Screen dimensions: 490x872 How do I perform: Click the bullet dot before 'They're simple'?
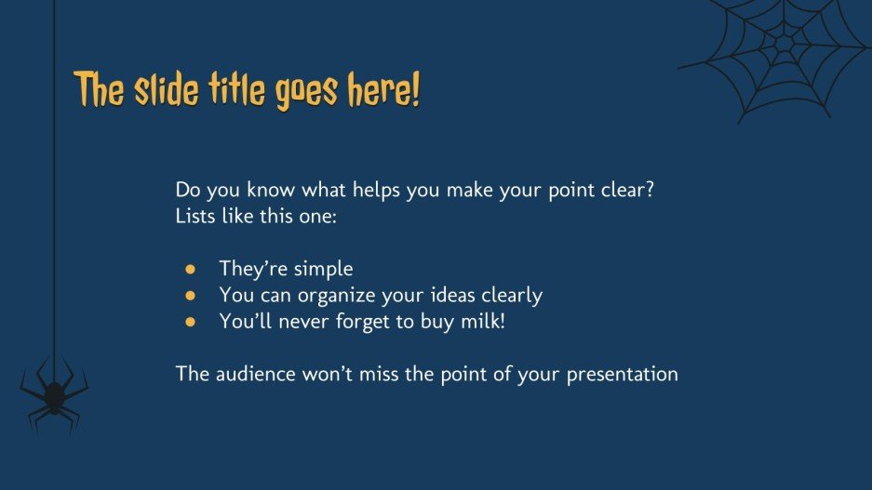click(191, 270)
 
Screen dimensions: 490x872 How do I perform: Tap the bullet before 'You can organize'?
click(191, 296)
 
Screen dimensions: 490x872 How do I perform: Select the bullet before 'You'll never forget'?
click(191, 322)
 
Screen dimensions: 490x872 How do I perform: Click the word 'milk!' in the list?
click(483, 322)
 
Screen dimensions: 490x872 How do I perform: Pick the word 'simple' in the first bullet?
click(323, 270)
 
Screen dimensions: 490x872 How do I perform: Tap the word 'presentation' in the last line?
click(621, 376)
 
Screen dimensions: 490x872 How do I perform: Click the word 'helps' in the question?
click(374, 190)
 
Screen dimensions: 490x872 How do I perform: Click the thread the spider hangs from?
click(55, 186)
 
